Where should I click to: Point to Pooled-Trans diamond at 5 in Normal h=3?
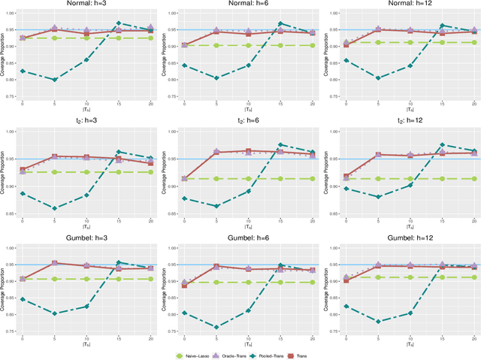pos(54,80)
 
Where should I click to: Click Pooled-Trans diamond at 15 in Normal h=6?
pos(280,23)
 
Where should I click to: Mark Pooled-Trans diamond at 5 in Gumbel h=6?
pos(216,327)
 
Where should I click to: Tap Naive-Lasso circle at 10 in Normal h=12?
pos(410,42)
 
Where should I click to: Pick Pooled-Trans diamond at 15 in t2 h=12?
pos(442,144)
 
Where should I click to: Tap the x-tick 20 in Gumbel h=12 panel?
pos(474,340)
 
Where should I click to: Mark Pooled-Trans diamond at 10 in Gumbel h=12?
pos(410,313)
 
